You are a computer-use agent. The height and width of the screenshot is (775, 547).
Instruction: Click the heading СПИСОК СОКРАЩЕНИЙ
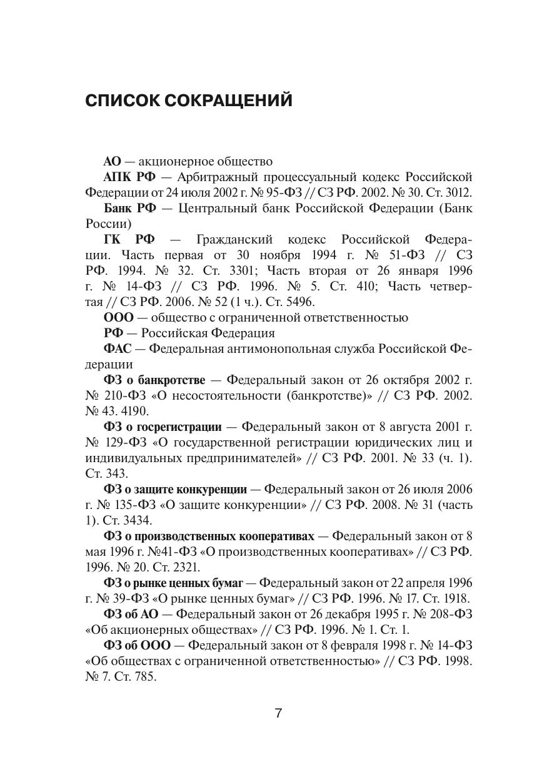tap(188, 101)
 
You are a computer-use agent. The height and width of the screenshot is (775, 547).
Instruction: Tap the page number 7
tap(278, 713)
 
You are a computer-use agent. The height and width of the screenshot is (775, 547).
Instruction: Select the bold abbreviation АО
tap(112, 162)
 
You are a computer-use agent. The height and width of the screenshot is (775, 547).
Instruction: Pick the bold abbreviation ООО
tap(119, 317)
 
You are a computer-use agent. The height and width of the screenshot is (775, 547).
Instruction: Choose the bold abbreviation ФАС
tap(117, 348)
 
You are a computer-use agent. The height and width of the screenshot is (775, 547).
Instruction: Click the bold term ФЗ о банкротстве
tap(154, 380)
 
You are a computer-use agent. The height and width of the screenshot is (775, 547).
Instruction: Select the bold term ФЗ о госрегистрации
tap(163, 427)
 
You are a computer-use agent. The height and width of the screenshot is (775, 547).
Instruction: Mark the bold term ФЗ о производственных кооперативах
tap(209, 536)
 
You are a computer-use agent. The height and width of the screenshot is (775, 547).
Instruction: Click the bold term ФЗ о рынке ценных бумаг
tap(173, 583)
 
